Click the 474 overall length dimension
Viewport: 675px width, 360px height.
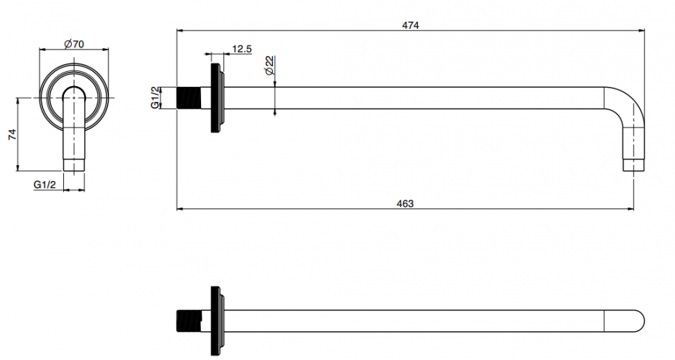point(410,25)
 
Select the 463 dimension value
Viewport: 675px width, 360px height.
point(405,203)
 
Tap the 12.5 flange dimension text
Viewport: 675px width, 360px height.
point(242,49)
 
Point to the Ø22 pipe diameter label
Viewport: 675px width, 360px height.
point(270,65)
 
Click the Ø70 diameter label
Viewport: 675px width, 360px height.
point(74,44)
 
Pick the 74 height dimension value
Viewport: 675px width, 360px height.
point(12,134)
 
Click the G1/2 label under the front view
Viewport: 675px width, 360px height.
point(45,185)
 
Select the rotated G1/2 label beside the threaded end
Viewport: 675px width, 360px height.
point(155,98)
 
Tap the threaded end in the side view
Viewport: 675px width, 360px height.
point(189,98)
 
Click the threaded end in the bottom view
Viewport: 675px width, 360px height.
point(189,320)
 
